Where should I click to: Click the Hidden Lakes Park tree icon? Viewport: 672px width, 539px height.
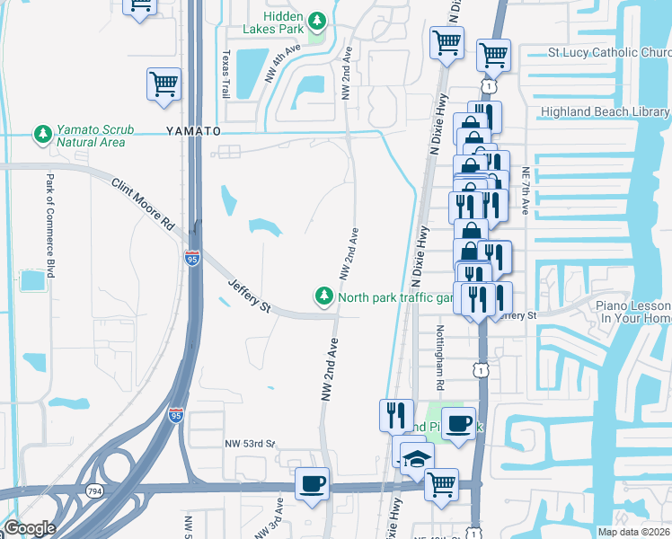(x=316, y=20)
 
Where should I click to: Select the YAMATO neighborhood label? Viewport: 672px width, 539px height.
(x=193, y=131)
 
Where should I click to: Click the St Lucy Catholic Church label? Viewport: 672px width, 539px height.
(x=609, y=53)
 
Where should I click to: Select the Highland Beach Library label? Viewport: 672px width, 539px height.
(x=605, y=112)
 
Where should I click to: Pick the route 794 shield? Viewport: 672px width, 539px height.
(x=93, y=490)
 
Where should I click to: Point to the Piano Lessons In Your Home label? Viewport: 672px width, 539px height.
(x=634, y=312)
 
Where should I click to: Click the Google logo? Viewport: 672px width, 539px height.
(x=30, y=528)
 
